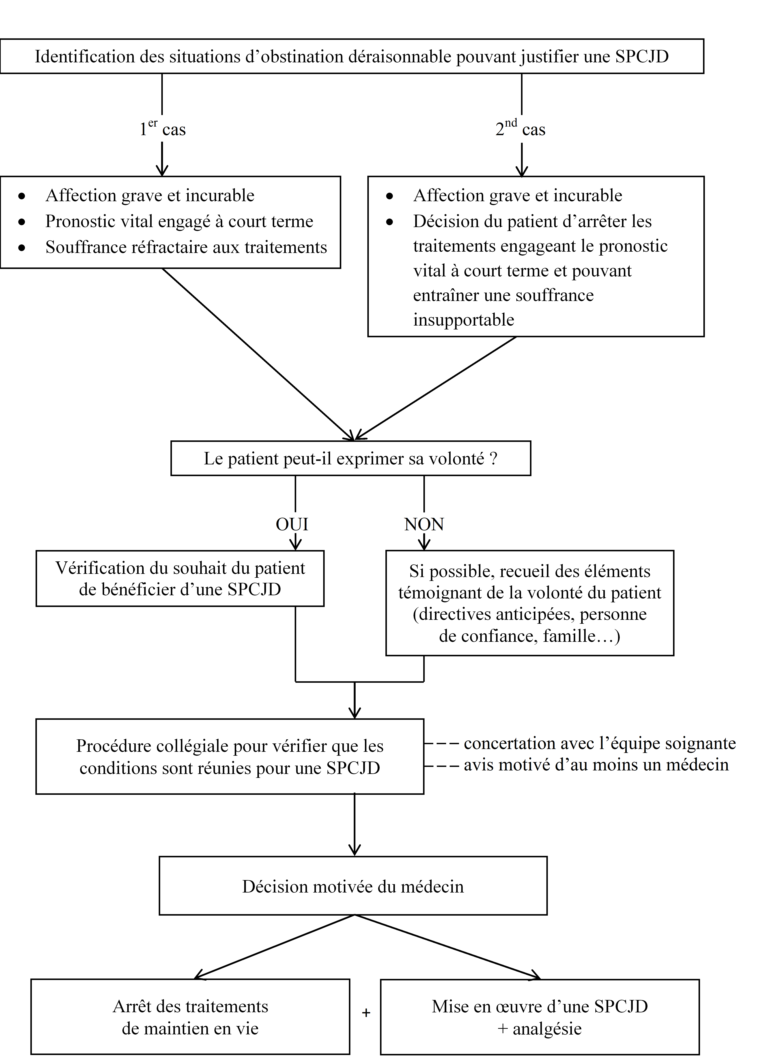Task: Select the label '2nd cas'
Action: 520,129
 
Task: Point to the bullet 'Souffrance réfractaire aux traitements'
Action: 186,247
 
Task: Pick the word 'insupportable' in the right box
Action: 463,320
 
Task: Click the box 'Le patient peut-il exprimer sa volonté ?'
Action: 351,459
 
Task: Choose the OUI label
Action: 292,524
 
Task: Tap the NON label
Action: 424,524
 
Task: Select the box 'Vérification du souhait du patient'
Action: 180,579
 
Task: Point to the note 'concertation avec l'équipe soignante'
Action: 600,743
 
